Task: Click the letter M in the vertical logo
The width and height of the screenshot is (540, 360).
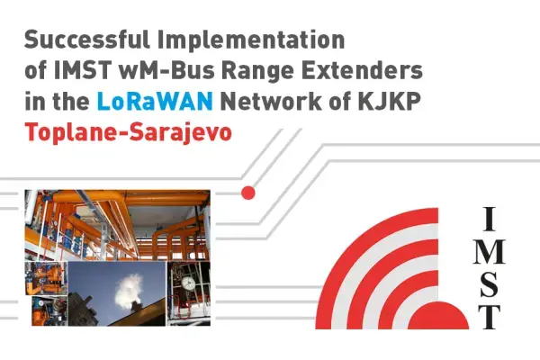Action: (x=489, y=249)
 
